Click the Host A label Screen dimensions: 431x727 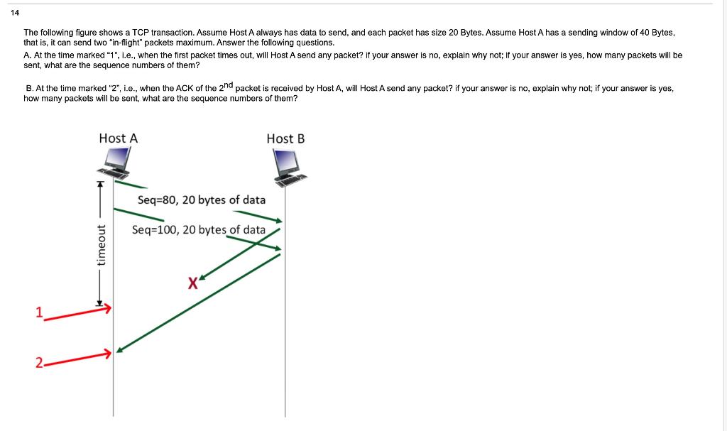(x=119, y=138)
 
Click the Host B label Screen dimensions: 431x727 (x=285, y=138)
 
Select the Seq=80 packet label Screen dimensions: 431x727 (x=202, y=200)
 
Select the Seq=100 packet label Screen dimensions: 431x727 (x=199, y=230)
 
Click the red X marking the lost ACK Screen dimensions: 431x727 (x=192, y=284)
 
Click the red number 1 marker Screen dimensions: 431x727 (x=40, y=311)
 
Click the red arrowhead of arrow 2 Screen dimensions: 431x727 (x=109, y=352)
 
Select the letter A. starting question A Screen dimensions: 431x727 (x=27, y=55)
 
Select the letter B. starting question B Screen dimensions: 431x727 (x=28, y=89)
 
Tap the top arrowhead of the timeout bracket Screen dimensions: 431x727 (x=100, y=183)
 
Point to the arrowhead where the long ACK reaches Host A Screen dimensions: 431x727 (x=120, y=349)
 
